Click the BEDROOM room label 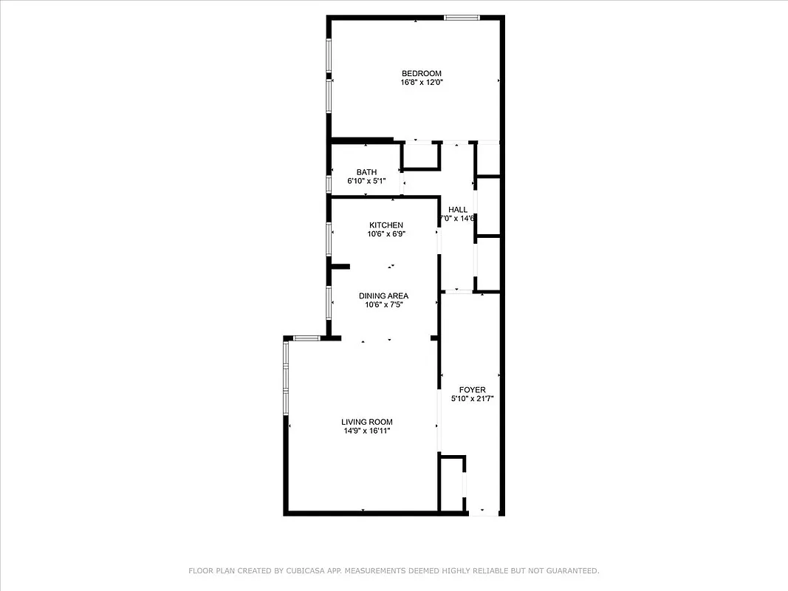[x=421, y=73]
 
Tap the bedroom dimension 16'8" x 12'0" [x=421, y=83]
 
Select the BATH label [x=366, y=172]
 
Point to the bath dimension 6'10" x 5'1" [x=366, y=181]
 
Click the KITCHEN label [x=386, y=225]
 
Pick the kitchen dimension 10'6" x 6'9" [x=386, y=234]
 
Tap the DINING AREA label [x=383, y=296]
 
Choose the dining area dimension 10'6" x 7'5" [x=383, y=305]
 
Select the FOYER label [x=472, y=389]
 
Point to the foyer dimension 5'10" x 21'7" [x=472, y=399]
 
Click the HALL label [x=458, y=210]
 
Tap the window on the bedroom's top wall [x=462, y=17]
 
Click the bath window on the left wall [x=329, y=182]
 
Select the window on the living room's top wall [x=306, y=338]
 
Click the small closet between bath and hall [x=421, y=157]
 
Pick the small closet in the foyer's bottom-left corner [x=451, y=483]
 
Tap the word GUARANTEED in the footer [x=572, y=570]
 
